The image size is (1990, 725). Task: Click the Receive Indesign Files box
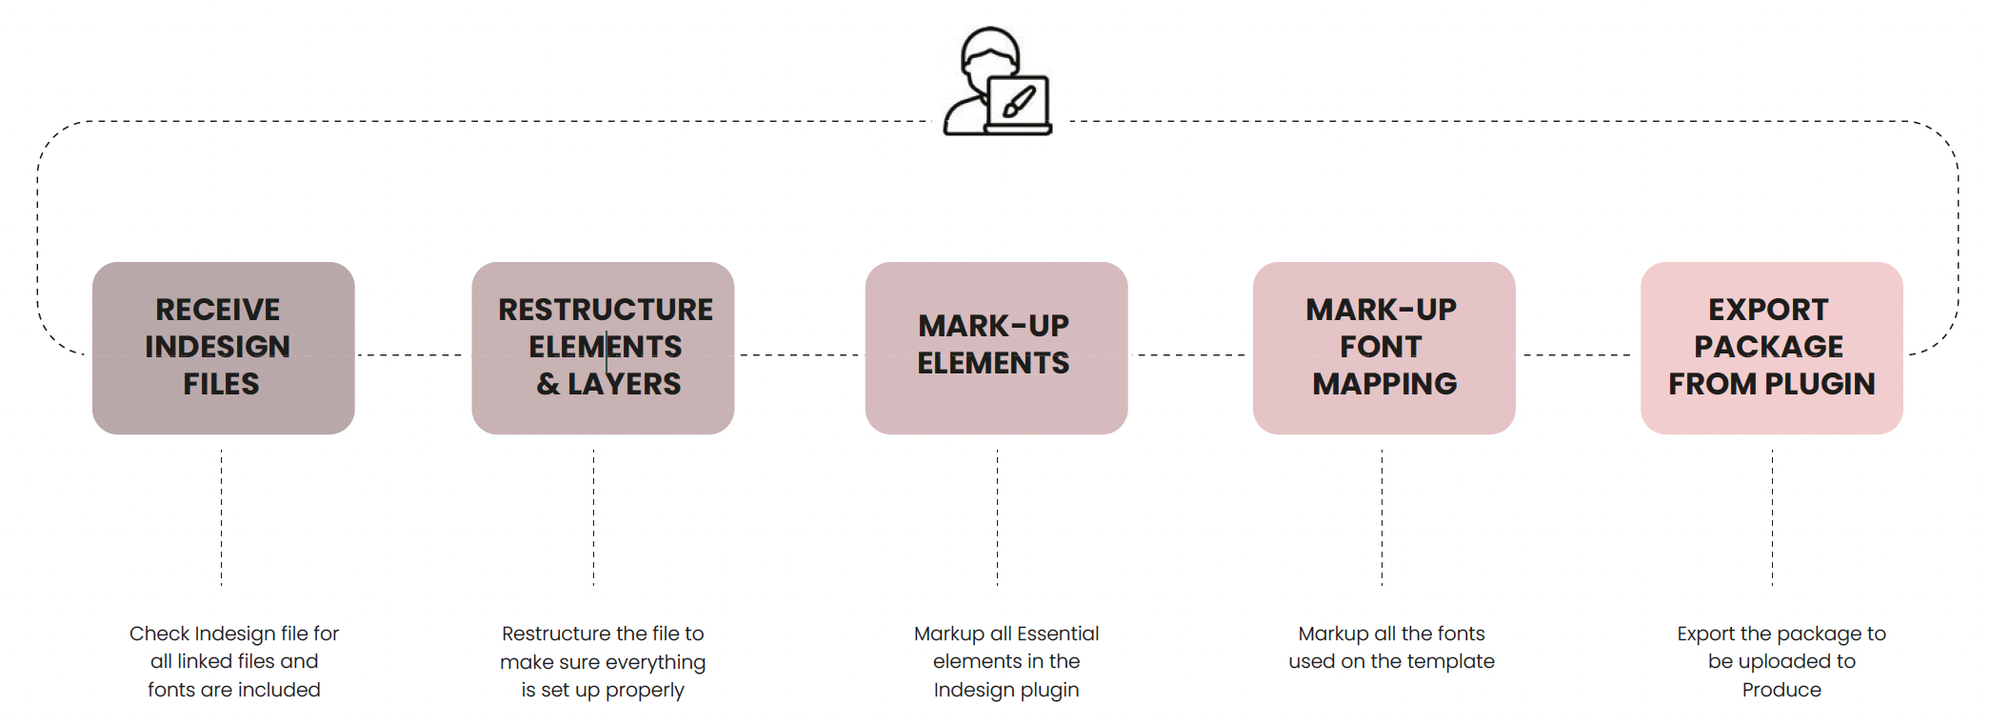tap(224, 348)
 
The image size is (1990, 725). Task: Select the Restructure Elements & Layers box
tap(603, 348)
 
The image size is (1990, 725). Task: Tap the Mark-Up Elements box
tap(996, 348)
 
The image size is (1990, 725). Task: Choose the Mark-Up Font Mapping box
tap(1383, 348)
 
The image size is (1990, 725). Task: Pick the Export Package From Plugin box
tap(1771, 348)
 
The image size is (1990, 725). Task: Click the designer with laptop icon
tap(997, 81)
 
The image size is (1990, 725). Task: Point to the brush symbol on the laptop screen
tap(1019, 101)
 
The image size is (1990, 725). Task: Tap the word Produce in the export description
tap(1781, 690)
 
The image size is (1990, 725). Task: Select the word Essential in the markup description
tap(1057, 634)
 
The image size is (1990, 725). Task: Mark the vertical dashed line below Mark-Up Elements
tap(997, 517)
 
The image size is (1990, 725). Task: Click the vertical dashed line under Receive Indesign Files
tap(221, 517)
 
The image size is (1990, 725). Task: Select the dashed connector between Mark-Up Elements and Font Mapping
tap(1190, 354)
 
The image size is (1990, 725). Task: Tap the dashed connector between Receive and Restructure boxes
tap(412, 354)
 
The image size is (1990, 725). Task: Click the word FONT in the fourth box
tap(1381, 347)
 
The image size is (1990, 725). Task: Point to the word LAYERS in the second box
tap(625, 384)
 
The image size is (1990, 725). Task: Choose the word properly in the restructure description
tap(645, 691)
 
